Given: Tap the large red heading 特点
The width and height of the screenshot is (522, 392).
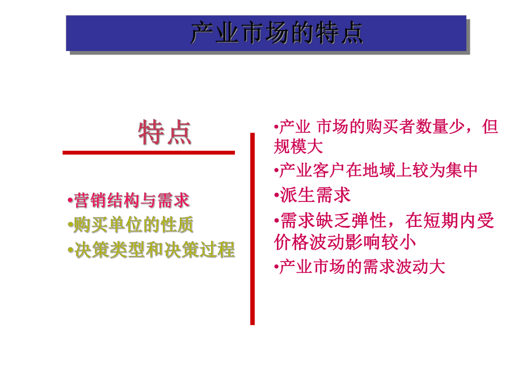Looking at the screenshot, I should click(x=165, y=133).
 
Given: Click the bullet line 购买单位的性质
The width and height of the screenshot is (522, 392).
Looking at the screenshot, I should click(x=134, y=225).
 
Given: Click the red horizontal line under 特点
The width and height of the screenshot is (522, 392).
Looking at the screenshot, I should click(x=148, y=153).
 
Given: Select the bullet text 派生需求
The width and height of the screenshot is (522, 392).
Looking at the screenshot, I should click(x=315, y=195).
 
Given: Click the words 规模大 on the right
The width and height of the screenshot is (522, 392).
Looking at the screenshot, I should click(x=298, y=146).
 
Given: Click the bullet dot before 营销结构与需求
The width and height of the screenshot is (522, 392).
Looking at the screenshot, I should click(x=70, y=200).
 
